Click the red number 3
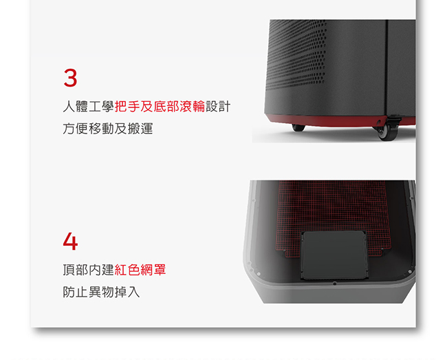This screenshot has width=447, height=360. pos(70,77)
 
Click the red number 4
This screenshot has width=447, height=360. pos(70,241)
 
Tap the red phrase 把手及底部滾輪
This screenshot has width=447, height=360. pos(160,107)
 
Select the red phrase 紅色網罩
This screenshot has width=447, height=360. pos(140,270)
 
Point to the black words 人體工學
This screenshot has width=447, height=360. pos(89,107)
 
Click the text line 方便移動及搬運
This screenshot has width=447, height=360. pos(108,129)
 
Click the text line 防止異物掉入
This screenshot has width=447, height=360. pos(101,292)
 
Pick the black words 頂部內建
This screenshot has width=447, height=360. pos(89,270)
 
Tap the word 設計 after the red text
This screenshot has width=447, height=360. pos(218,107)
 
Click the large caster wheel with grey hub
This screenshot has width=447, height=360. pos(387,132)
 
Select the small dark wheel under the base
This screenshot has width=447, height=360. pos(298,128)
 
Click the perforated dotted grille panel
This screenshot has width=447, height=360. pos(296,54)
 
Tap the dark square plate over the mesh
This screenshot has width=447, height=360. pos(334,255)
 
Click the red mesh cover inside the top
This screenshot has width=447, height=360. pos(332,211)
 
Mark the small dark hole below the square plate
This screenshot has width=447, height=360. pos(335,284)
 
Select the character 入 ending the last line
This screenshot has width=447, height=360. pos(133,292)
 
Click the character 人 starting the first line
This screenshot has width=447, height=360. pos(69,107)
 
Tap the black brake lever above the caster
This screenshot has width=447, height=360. pos(395,117)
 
